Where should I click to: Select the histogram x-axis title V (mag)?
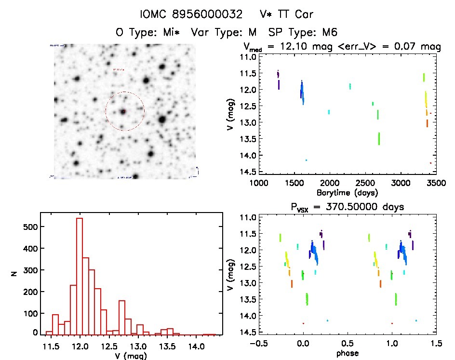pyautogui.click(x=130, y=356)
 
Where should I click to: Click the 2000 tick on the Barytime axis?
pyautogui.click(x=330, y=184)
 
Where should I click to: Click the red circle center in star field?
pyautogui.click(x=124, y=111)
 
